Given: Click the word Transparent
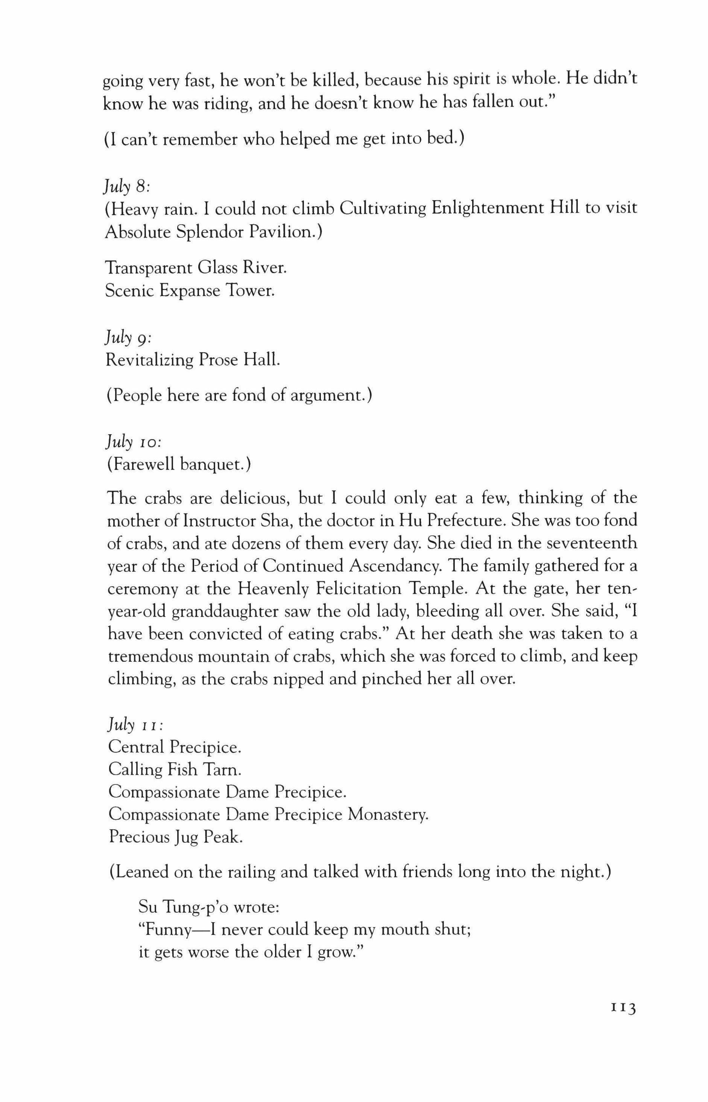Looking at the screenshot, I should [x=147, y=268].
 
